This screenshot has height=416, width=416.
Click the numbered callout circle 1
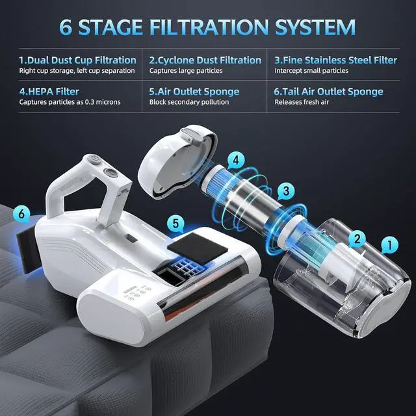(389, 245)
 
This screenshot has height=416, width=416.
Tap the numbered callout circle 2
(356, 239)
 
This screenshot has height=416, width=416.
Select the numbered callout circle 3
(284, 191)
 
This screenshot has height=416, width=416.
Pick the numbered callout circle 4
(237, 159)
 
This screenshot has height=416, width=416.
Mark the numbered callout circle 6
(22, 213)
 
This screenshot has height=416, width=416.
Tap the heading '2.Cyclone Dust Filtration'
(205, 60)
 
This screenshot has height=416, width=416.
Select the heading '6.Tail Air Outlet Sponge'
(328, 92)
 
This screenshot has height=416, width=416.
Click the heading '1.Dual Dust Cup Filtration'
(77, 60)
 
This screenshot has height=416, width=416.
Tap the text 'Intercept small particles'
(311, 70)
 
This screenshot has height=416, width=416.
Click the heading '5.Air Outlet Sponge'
(194, 92)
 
